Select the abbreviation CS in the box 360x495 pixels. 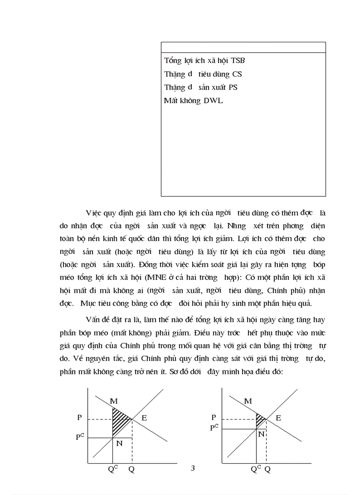tap(237, 74)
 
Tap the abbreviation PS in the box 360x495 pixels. tap(232, 87)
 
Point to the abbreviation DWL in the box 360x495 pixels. tap(213, 100)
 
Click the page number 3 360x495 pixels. tap(192, 468)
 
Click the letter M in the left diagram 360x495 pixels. tap(114, 401)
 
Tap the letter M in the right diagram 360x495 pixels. tap(248, 401)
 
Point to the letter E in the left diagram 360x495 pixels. tap(144, 418)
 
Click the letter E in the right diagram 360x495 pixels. tap(278, 418)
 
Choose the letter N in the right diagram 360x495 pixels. tap(261, 434)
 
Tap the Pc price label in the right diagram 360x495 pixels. tap(214, 427)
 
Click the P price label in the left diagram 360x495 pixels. tap(79, 417)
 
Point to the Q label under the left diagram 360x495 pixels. tap(131, 469)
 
